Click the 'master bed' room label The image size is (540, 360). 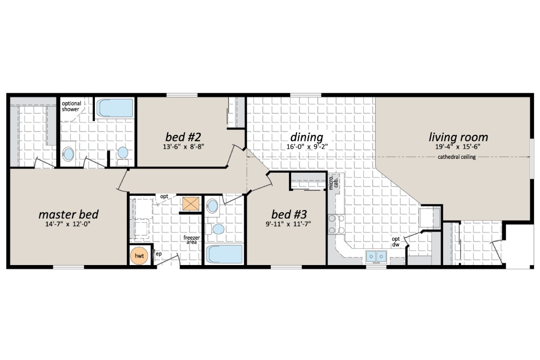pos(68,213)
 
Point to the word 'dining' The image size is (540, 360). pos(306,137)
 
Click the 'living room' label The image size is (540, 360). pos(458,137)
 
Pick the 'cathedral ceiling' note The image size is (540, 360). pos(457,157)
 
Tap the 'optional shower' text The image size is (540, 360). pos(71,106)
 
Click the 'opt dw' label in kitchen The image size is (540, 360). pos(396,242)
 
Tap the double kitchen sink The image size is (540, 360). pos(377,256)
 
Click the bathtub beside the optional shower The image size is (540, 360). pos(115,108)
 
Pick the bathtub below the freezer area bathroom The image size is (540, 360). pos(224,255)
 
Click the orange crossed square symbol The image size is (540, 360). pos(191,204)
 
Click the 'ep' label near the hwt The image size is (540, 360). pos(158,254)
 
